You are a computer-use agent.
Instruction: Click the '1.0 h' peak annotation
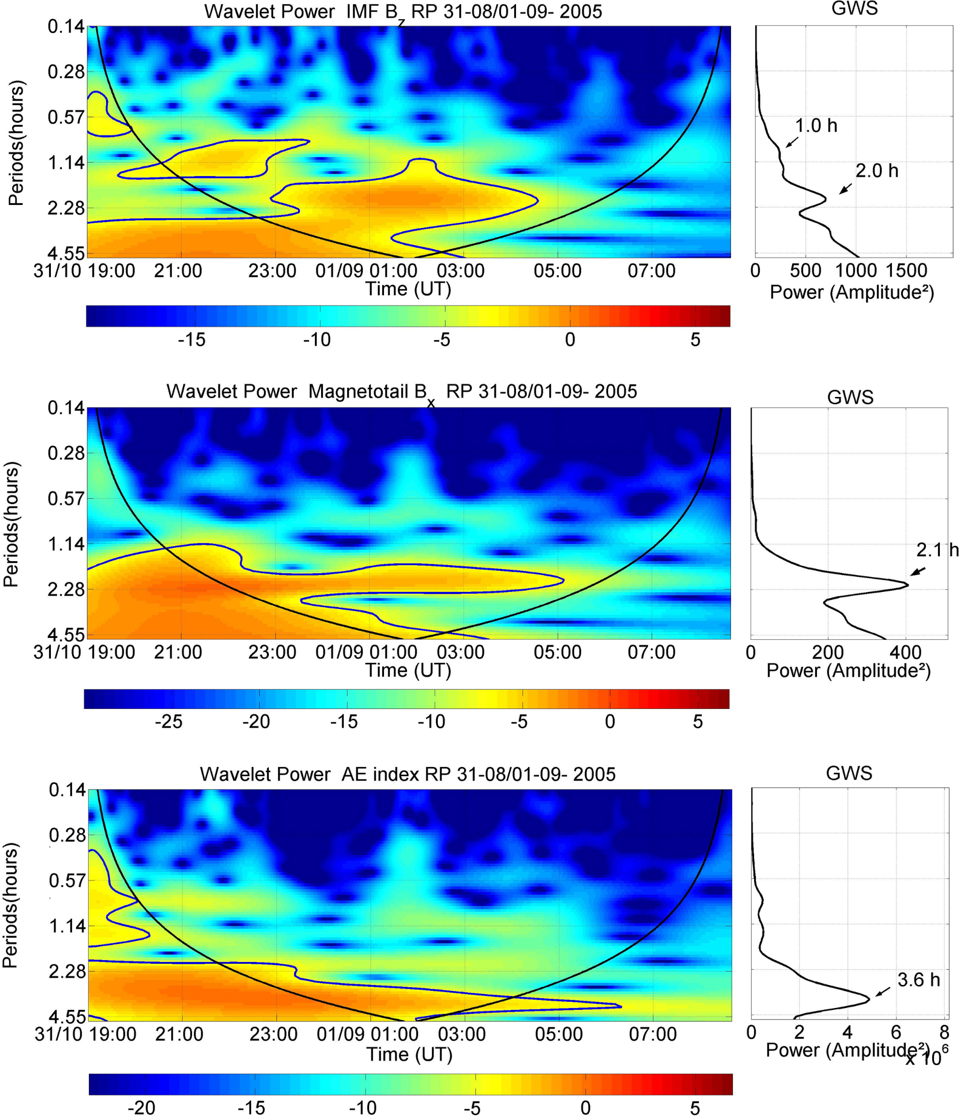pyautogui.click(x=816, y=126)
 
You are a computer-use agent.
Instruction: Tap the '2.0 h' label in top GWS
pyautogui.click(x=877, y=171)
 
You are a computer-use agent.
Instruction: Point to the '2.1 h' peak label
pyautogui.click(x=937, y=550)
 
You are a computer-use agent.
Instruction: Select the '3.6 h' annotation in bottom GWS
pyautogui.click(x=919, y=980)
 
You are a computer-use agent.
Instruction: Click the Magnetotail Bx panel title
pyautogui.click(x=402, y=392)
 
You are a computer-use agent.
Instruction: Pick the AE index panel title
pyautogui.click(x=408, y=774)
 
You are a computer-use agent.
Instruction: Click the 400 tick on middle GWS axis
pyautogui.click(x=906, y=652)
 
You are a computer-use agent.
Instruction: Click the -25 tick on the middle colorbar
pyautogui.click(x=168, y=721)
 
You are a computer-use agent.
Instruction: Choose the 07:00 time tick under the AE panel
pyautogui.click(x=652, y=1034)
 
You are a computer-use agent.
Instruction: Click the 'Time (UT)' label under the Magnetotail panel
pyautogui.click(x=408, y=670)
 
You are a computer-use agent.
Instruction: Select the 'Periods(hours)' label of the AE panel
pyautogui.click(x=10, y=906)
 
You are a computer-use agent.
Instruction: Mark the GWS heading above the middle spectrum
pyautogui.click(x=850, y=397)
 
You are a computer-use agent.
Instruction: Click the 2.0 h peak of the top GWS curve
pyautogui.click(x=825, y=198)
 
